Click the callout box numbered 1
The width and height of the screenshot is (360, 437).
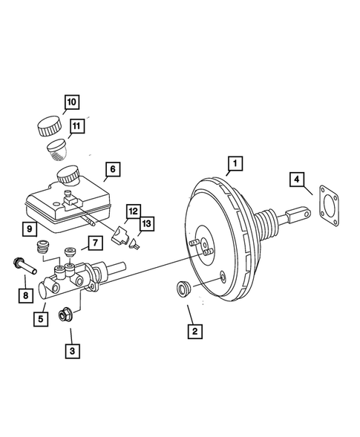point(234,162)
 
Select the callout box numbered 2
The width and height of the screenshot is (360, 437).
point(193,332)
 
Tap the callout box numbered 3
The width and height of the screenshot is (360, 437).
point(71,352)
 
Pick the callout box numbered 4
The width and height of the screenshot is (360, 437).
point(296,179)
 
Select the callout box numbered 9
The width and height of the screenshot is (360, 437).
point(27,229)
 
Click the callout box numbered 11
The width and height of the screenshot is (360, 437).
point(76,127)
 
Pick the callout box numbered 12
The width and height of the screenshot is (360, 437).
point(131,211)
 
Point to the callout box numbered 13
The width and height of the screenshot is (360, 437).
point(145,223)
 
